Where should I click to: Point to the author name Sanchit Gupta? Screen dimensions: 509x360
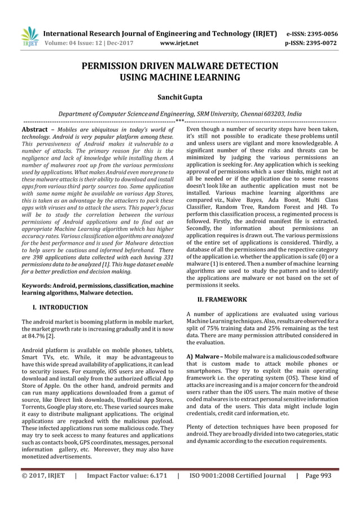180,98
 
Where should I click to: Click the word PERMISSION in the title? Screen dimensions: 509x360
119,66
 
